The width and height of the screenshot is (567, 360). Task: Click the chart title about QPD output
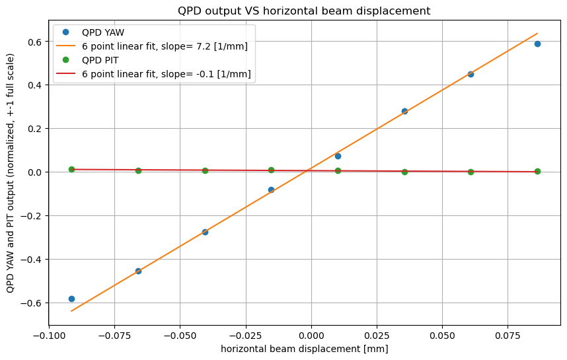(304, 11)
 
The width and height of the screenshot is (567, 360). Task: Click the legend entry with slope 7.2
(165, 46)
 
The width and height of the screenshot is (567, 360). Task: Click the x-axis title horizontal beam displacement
(304, 349)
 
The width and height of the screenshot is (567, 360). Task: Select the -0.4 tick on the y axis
(31, 259)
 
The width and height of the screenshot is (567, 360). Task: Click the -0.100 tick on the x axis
(48, 336)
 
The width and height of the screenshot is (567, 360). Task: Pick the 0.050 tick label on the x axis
(443, 336)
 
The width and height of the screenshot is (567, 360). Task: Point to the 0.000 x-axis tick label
(311, 336)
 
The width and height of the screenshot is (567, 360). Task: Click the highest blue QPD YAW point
(537, 44)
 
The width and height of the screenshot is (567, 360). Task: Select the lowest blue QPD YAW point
(71, 299)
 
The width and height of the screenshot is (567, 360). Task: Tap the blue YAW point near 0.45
(471, 74)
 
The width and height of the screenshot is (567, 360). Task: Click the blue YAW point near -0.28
(205, 232)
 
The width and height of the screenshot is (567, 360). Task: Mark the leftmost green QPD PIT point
(71, 169)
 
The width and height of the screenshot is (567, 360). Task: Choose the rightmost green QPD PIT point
(537, 171)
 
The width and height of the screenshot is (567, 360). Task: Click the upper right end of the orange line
(537, 34)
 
